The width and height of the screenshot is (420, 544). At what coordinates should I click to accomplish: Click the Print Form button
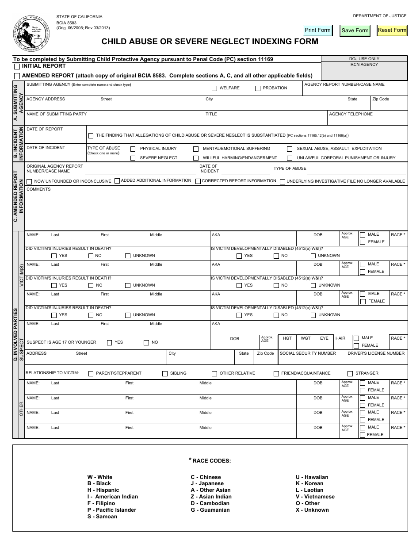(317, 30)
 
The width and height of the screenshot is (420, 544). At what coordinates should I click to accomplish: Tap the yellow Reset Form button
(392, 30)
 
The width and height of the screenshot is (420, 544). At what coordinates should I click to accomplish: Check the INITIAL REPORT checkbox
(17, 67)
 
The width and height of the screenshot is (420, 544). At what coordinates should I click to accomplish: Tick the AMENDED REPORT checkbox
(17, 76)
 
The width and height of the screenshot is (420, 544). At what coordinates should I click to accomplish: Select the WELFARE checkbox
(214, 88)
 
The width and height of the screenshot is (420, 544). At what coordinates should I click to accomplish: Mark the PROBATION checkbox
(258, 88)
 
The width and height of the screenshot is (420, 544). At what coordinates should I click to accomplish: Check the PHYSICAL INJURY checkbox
(133, 149)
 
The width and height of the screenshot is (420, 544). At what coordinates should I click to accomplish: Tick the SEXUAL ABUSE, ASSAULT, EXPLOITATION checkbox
(290, 149)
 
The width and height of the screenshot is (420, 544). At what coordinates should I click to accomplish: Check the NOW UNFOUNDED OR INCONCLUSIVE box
(29, 181)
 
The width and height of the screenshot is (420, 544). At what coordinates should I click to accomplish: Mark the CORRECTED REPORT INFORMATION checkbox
(198, 181)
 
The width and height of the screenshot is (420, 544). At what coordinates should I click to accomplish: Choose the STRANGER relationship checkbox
(350, 374)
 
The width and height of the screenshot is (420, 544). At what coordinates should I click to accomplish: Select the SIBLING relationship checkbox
(165, 374)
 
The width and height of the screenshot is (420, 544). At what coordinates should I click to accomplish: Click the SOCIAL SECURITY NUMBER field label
(308, 353)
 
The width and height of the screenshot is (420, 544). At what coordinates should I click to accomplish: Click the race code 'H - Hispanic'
(103, 490)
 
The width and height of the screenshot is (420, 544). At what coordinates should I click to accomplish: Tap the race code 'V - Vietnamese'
(315, 497)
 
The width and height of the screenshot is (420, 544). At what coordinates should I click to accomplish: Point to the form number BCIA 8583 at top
(66, 22)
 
